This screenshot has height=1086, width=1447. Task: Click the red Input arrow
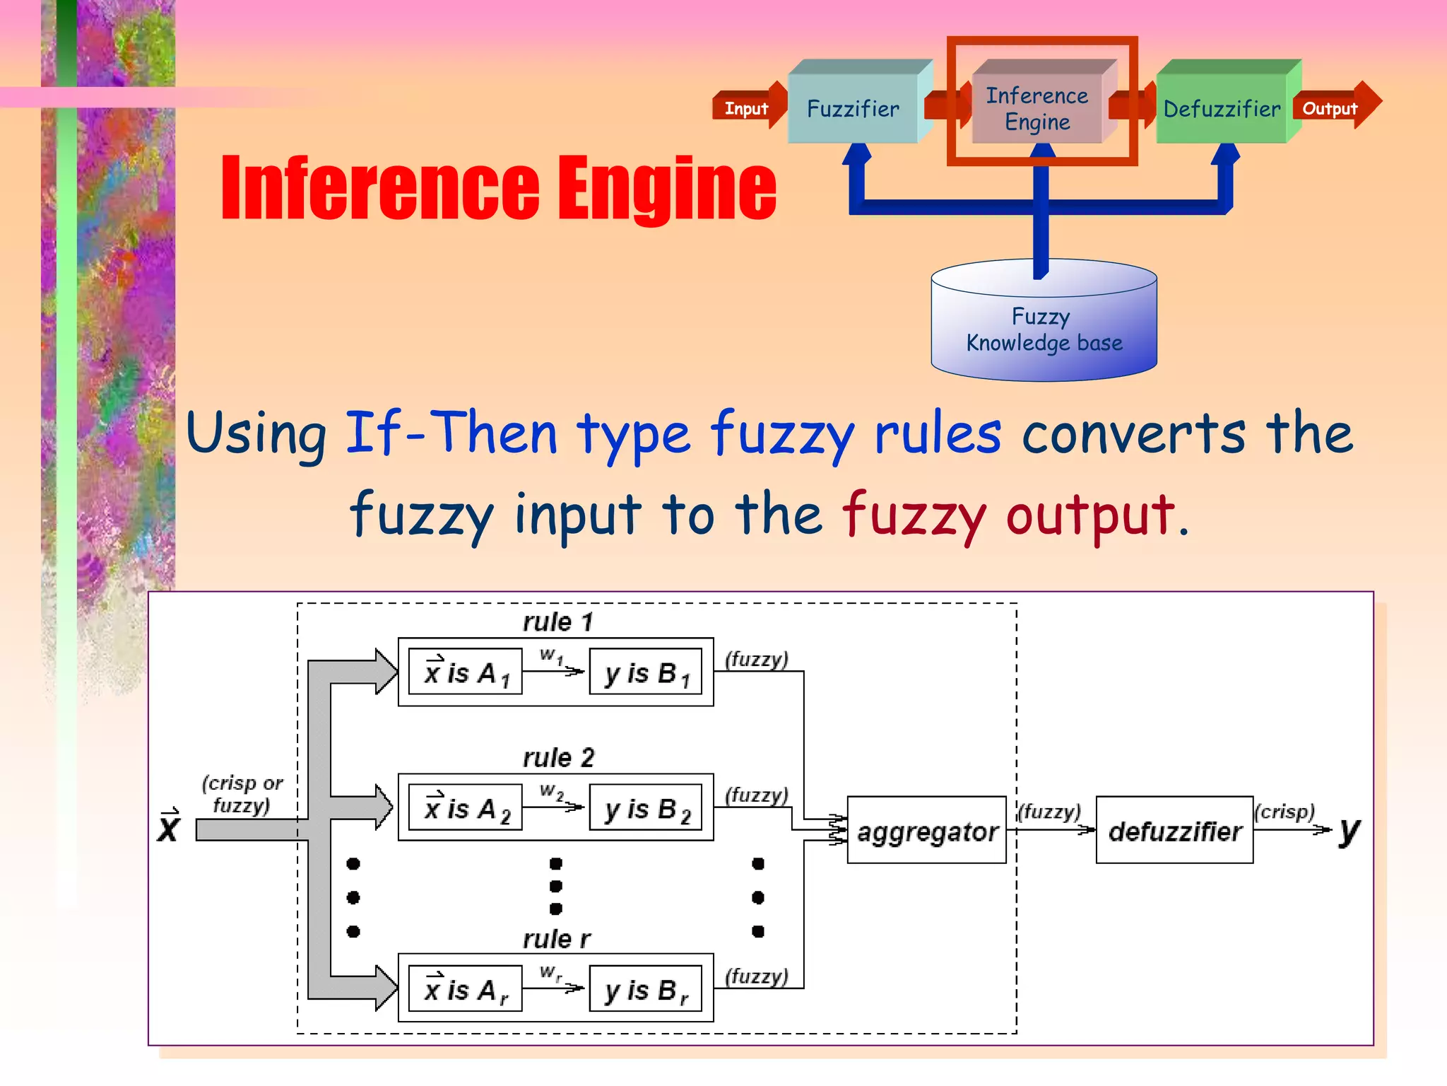(748, 107)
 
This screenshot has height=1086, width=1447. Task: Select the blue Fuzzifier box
(853, 109)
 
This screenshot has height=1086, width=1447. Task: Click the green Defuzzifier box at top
(1222, 109)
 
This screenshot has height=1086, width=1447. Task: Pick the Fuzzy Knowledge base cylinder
(1044, 329)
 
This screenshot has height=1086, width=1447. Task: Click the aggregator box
(926, 830)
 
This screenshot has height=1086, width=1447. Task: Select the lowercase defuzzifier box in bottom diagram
(1174, 830)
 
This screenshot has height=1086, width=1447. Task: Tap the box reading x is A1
(466, 672)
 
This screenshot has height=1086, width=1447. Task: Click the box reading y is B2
(646, 808)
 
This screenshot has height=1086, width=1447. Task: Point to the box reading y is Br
(646, 989)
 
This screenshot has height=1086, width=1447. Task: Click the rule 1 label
(557, 621)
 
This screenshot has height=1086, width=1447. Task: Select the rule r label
(556, 939)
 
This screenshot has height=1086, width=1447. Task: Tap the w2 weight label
(551, 790)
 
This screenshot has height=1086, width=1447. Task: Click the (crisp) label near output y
(1284, 811)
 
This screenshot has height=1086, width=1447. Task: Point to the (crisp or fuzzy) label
(242, 793)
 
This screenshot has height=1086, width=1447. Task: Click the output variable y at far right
(1349, 831)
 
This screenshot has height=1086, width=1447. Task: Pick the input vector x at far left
(169, 826)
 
